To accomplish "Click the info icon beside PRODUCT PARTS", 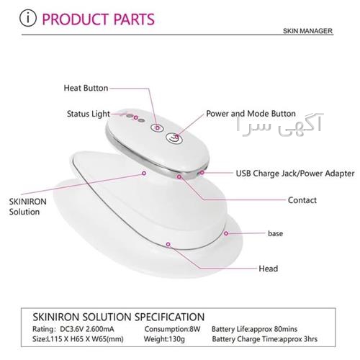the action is pyautogui.click(x=28, y=18).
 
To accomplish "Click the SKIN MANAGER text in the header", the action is pyautogui.click(x=307, y=31).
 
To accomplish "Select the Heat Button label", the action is pyautogui.click(x=86, y=88).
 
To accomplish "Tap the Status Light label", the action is pyautogui.click(x=89, y=114).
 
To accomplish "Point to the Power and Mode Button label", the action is pyautogui.click(x=251, y=114).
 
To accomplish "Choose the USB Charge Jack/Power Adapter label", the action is pyautogui.click(x=295, y=174).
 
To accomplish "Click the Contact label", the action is pyautogui.click(x=302, y=200).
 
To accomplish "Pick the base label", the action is pyautogui.click(x=275, y=233).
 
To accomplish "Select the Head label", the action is pyautogui.click(x=269, y=269).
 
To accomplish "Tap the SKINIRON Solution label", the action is pyautogui.click(x=28, y=207).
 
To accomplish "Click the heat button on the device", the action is pyautogui.click(x=157, y=127).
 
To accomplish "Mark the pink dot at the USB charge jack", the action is pyautogui.click(x=202, y=173).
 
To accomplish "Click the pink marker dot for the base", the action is pyautogui.click(x=226, y=233).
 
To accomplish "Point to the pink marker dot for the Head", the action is pyautogui.click(x=168, y=244).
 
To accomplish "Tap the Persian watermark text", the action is pyautogui.click(x=279, y=125).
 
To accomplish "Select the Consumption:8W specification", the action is pyautogui.click(x=172, y=329).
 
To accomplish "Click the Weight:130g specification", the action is pyautogui.click(x=164, y=339).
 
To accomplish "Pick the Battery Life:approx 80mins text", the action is pyautogui.click(x=254, y=329).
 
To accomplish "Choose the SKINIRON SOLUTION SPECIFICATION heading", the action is pyautogui.click(x=119, y=317).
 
